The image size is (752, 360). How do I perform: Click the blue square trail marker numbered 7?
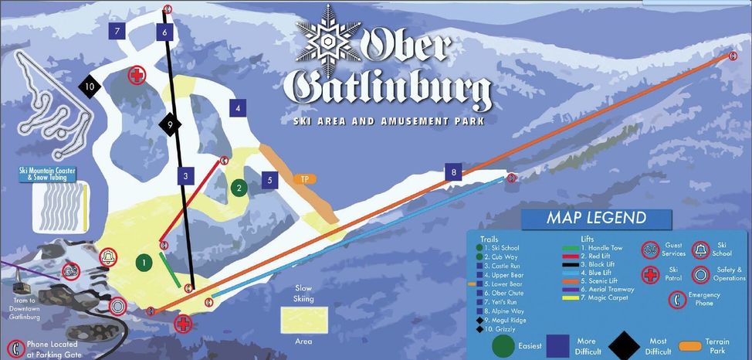[x=117, y=32]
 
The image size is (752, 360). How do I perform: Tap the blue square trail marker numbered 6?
[x=164, y=32]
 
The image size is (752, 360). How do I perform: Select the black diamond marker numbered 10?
[x=90, y=87]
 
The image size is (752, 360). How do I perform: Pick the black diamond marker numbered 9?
[x=169, y=123]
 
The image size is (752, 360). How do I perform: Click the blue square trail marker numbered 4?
[x=238, y=108]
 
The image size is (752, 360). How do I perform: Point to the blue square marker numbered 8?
[x=454, y=172]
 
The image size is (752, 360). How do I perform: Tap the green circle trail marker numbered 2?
[x=239, y=187]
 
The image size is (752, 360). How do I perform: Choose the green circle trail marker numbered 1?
[x=142, y=263]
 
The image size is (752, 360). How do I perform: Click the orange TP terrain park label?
[x=305, y=179]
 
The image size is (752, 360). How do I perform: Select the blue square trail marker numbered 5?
[x=269, y=180]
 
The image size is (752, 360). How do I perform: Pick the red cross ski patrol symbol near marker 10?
[x=137, y=75]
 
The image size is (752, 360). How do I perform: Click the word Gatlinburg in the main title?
[x=388, y=93]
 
